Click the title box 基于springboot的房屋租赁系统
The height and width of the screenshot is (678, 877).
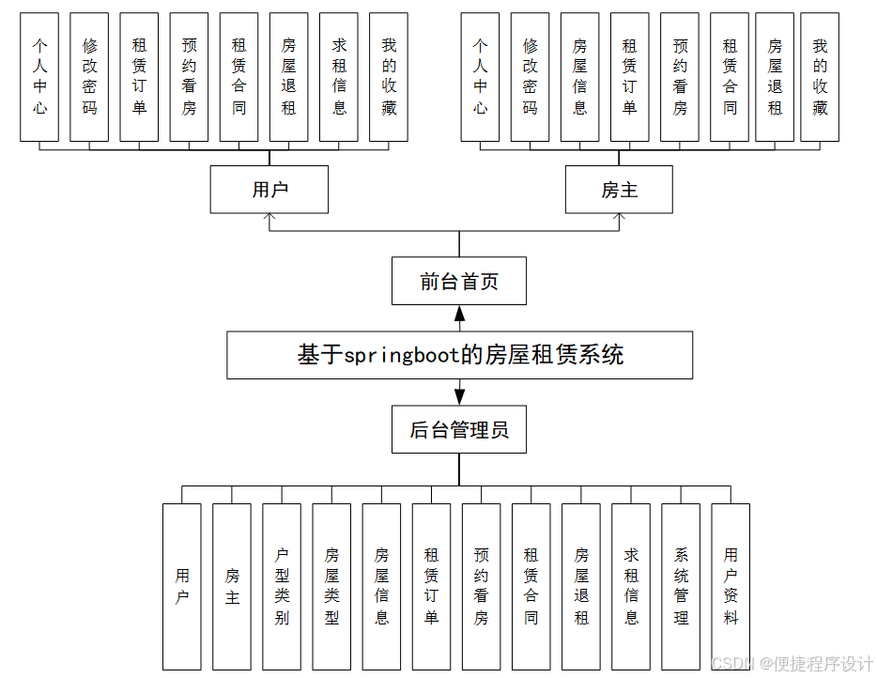[x=459, y=355]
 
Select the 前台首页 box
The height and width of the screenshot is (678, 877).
[x=459, y=282]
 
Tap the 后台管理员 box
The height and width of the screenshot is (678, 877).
[x=459, y=431]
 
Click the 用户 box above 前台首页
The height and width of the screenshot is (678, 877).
[x=269, y=190]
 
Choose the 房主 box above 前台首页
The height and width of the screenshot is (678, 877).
[x=619, y=190]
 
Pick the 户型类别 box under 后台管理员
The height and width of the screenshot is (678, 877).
[x=282, y=586]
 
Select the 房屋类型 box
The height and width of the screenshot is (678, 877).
[x=331, y=586]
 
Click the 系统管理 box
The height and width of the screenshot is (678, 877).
[x=681, y=586]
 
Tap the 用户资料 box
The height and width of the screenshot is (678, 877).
[x=731, y=586]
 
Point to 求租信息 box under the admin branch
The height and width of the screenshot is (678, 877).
[x=631, y=586]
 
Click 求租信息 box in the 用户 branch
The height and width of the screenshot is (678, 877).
[x=339, y=77]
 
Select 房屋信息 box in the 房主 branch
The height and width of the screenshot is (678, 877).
[x=579, y=77]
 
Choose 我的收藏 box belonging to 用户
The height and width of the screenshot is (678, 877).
[x=389, y=77]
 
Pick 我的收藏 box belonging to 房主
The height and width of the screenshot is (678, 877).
[x=820, y=77]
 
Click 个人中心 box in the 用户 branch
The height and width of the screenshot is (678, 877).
[x=40, y=77]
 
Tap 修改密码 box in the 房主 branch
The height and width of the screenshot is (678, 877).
[x=530, y=77]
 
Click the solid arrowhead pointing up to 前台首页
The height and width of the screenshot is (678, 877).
[x=459, y=315]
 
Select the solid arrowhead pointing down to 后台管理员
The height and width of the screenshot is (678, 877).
[x=459, y=395]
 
